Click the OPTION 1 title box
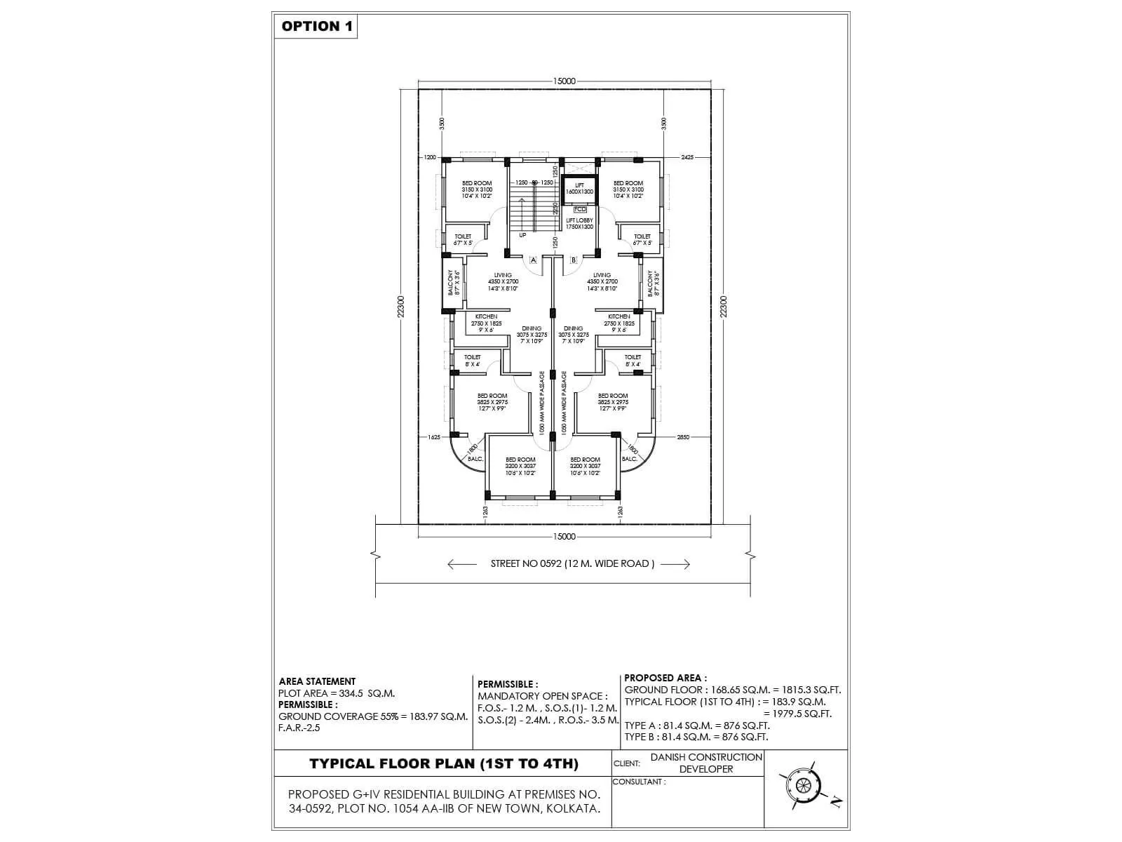coord(316,27)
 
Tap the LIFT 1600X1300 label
coord(579,188)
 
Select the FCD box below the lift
coord(580,209)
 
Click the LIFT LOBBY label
coord(579,223)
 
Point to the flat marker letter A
coord(533,260)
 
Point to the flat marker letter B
coord(574,260)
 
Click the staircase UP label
coord(522,235)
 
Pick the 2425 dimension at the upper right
coord(687,158)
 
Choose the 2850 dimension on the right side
coord(683,437)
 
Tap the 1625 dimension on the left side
coord(433,437)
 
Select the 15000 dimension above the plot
coord(564,81)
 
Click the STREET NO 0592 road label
coord(572,563)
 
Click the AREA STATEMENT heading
coord(317,681)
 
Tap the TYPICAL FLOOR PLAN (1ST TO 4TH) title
coord(444,764)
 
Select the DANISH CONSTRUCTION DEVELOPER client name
coord(705,763)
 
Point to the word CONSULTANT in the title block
coord(637,782)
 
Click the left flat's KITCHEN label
coord(486,317)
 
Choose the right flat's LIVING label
coord(602,275)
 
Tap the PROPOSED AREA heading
coord(665,679)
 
